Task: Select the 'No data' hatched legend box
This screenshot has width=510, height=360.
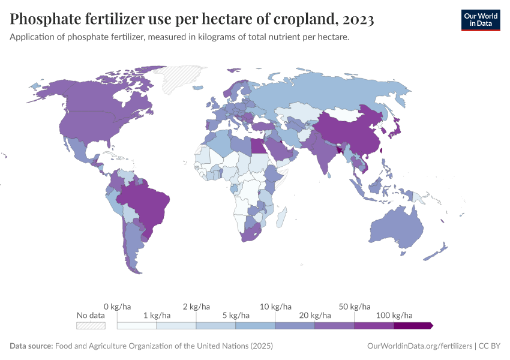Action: point(91,325)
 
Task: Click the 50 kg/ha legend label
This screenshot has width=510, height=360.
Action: point(354,307)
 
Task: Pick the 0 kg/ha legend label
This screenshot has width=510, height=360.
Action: point(117,307)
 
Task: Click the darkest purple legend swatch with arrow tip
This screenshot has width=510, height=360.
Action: point(413,325)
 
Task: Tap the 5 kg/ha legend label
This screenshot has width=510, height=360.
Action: point(235,315)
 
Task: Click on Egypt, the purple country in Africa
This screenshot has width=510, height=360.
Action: point(256,146)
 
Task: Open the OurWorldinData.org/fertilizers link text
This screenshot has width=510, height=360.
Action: point(419,346)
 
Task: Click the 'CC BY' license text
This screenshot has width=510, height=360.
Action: point(489,346)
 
